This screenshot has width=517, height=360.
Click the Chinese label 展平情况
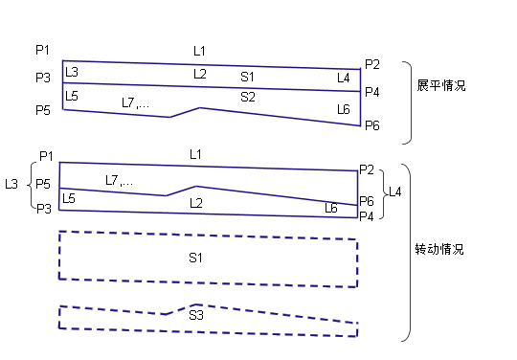pos(441,85)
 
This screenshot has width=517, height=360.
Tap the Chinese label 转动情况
pos(439,249)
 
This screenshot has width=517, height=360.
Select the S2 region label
pos(248,97)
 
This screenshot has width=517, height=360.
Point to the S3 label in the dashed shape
pos(196,315)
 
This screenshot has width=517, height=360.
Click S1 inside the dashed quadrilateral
pos(196,258)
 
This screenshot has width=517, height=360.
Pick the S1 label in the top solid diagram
pos(247,77)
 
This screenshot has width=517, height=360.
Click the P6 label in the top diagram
pos(372,125)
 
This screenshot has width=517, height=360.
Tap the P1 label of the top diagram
pos(42,50)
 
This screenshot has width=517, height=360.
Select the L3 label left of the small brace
pos(11,184)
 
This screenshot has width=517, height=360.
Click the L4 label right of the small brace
pos(395,191)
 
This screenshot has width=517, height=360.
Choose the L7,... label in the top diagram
pos(135,102)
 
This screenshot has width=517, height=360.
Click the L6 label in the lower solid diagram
pos(331,208)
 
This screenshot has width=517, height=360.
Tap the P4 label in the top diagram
pos(372,92)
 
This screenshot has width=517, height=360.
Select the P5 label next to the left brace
pos(43,184)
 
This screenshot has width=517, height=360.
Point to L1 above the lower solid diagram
pos(196,154)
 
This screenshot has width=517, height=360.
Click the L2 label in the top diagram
pos(200,74)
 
